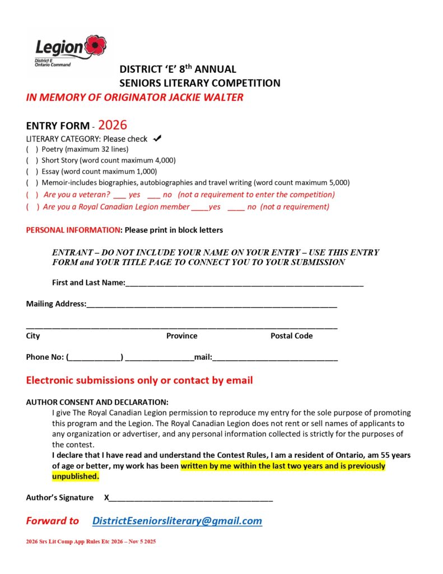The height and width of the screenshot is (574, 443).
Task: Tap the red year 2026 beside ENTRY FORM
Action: [113, 125]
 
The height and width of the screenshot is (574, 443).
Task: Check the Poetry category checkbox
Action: [32, 149]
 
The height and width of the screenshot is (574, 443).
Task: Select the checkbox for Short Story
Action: [32, 160]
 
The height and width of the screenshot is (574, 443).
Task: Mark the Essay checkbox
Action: [32, 172]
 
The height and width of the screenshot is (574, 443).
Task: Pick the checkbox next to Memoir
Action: [32, 183]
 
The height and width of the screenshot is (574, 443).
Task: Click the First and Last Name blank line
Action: [244, 284]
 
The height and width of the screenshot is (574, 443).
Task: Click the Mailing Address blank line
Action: [212, 305]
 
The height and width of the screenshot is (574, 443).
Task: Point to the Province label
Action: [181, 336]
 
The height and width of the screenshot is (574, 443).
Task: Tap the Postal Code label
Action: [291, 336]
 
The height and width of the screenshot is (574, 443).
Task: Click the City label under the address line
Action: [33, 336]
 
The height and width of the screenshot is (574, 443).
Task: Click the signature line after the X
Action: [191, 498]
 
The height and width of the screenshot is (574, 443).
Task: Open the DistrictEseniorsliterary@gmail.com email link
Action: [177, 521]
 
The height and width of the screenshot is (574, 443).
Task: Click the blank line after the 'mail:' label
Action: [275, 358]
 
